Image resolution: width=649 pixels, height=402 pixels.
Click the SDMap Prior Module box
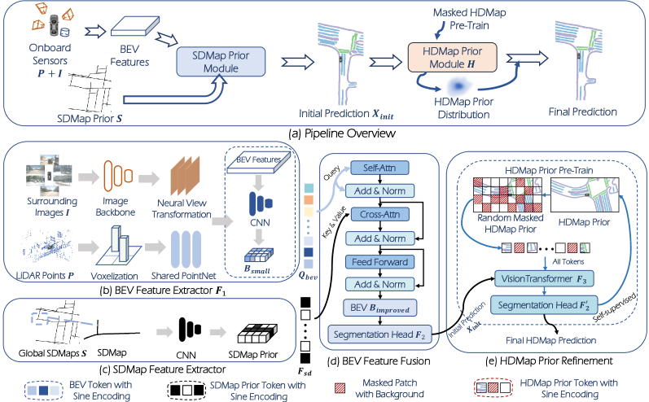[x=221, y=63]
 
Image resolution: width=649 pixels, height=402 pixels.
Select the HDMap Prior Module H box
[x=453, y=59]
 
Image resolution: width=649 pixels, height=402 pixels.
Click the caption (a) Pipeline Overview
[x=325, y=132]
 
